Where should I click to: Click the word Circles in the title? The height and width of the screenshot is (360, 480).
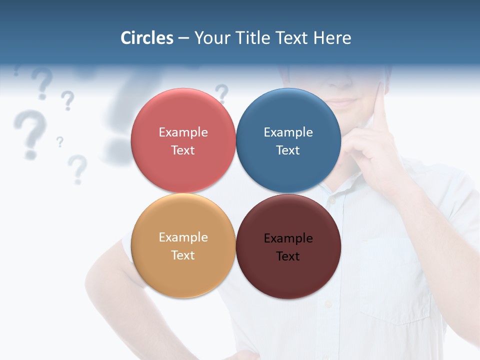146,38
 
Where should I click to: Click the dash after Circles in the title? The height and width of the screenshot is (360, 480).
183,38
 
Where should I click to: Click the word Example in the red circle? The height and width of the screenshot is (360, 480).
183,132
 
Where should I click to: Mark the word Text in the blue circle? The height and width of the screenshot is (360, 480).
288,150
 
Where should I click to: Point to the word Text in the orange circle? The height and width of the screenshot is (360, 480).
183,255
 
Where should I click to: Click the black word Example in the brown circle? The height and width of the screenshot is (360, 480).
288,238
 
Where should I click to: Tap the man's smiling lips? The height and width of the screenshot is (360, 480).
342,102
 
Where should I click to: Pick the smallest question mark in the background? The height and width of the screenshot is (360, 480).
60,142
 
